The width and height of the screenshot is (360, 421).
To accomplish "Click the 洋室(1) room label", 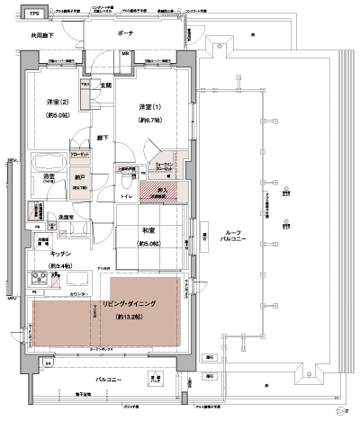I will (148, 105).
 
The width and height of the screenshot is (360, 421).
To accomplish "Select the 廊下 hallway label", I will (103, 139).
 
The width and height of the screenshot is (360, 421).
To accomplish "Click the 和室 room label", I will (149, 229).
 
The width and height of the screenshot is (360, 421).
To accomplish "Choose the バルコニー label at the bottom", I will (111, 380).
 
